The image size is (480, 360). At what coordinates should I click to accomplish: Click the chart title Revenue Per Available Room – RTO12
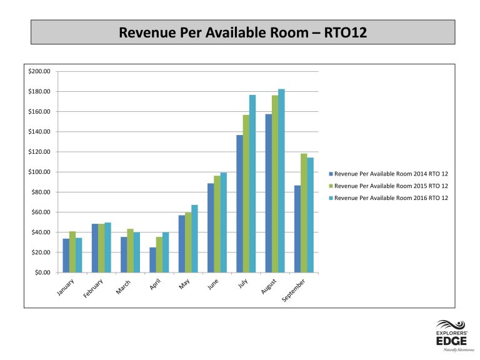pos(242,32)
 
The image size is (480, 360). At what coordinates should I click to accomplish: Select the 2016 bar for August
pos(281,181)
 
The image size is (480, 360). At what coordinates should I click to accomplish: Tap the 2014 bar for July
pos(239,204)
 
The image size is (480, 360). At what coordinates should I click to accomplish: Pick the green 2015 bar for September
pos(304,213)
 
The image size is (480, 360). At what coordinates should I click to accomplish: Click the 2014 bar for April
pos(152,260)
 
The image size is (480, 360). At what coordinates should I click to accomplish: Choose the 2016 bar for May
pos(195,239)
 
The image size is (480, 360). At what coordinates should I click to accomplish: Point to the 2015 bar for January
pos(72,252)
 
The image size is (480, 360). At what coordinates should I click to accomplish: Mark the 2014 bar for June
pos(211,227)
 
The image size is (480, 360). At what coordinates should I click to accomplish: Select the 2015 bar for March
pos(130,251)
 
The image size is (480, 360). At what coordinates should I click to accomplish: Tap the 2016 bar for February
pos(107,247)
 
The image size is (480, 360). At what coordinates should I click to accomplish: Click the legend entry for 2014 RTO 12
pos(389,174)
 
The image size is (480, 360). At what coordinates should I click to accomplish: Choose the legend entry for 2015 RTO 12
pos(389,186)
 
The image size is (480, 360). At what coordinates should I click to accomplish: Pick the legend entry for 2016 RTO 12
pos(389,198)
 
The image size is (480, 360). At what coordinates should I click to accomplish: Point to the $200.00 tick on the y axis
pos(39,71)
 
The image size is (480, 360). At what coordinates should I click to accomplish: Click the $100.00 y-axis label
pos(39,172)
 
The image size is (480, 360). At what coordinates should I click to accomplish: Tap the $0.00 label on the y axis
pos(42,272)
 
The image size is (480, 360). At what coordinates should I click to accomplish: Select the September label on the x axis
pos(294,290)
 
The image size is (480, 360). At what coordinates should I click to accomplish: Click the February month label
pos(93,288)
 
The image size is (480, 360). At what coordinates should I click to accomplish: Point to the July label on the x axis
pos(242,284)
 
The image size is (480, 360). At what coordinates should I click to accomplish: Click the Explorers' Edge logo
pos(452,336)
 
